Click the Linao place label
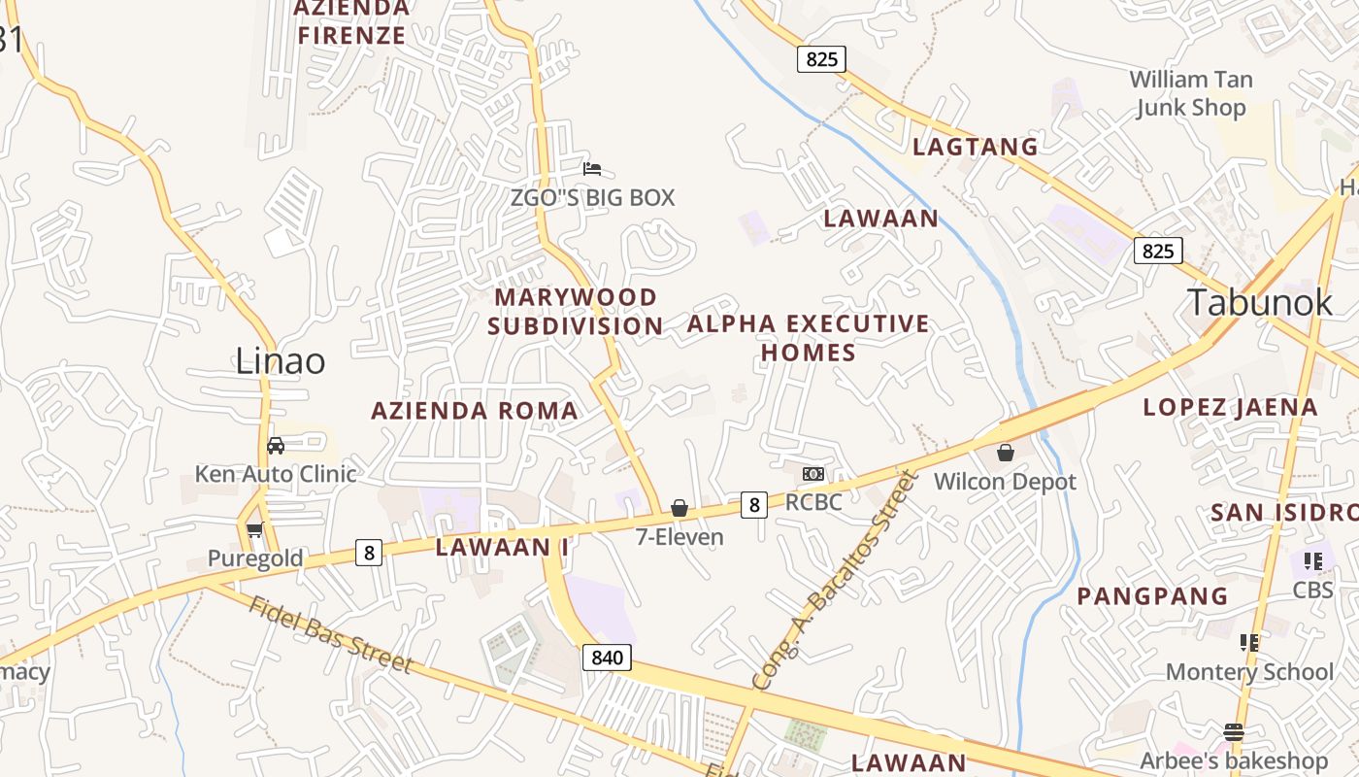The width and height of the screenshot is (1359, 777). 281,361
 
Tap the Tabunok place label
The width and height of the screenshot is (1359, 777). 1261,302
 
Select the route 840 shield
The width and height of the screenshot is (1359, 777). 608,658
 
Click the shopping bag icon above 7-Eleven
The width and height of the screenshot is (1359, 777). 679,508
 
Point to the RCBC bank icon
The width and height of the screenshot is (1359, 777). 813,474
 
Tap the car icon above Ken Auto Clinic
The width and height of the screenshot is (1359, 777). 276,446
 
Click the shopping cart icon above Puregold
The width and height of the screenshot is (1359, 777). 254,529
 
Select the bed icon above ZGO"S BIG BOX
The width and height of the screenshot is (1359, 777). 592,169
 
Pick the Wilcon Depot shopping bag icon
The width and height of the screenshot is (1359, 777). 1006,453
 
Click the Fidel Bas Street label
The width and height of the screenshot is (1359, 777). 330,635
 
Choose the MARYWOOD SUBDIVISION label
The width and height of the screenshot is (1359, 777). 576,311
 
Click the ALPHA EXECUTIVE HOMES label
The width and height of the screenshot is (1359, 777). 809,337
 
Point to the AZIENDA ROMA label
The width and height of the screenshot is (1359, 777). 475,411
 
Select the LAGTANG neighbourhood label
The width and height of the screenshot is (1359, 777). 976,147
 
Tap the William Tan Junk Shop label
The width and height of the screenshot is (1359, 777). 1191,93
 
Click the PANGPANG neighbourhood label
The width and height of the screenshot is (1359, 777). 1152,596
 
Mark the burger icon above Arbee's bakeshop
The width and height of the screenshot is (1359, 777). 1234,731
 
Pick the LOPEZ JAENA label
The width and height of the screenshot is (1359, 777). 1230,407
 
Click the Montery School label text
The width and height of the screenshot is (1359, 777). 1249,672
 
